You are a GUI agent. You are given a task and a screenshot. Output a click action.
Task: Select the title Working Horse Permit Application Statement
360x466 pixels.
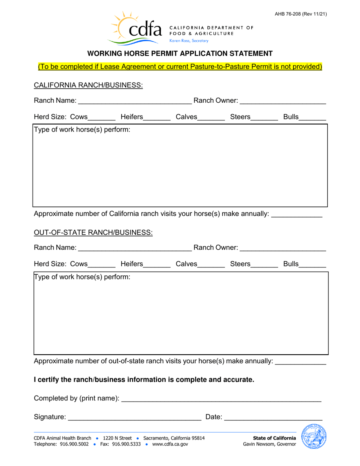(x=180, y=53)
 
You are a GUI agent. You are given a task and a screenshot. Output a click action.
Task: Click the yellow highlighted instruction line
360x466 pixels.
(x=180, y=67)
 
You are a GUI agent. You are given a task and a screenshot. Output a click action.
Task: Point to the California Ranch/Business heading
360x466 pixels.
(x=88, y=85)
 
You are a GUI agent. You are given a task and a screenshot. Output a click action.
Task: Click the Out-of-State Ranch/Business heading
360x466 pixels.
(x=93, y=232)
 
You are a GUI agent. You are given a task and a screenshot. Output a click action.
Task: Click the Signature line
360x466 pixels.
(x=135, y=417)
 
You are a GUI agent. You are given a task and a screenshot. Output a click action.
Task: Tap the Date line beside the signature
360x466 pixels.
(x=273, y=417)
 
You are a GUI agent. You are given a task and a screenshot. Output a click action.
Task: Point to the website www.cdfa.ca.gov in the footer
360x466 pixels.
(x=170, y=444)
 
